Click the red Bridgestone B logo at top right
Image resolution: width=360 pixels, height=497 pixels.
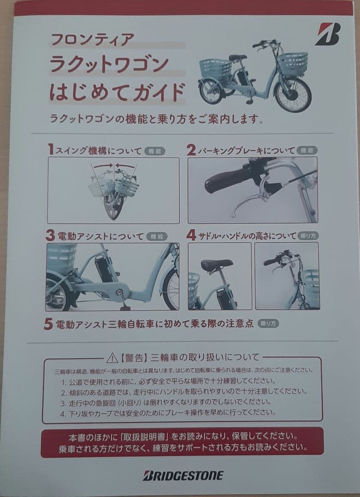point(327,34)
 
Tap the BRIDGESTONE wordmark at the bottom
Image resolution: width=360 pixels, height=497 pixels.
point(183,475)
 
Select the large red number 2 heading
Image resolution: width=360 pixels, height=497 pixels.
point(191,150)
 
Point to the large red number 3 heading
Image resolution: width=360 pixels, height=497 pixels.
point(50,236)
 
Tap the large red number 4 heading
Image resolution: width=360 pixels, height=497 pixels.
point(192,235)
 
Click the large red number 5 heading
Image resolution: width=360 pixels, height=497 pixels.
point(48,324)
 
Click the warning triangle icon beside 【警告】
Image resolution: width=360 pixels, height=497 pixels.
point(112,358)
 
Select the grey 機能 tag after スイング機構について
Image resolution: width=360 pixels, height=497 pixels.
point(154,150)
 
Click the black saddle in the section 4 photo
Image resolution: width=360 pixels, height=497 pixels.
point(216,265)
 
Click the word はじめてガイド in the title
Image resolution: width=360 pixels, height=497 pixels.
point(117,91)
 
